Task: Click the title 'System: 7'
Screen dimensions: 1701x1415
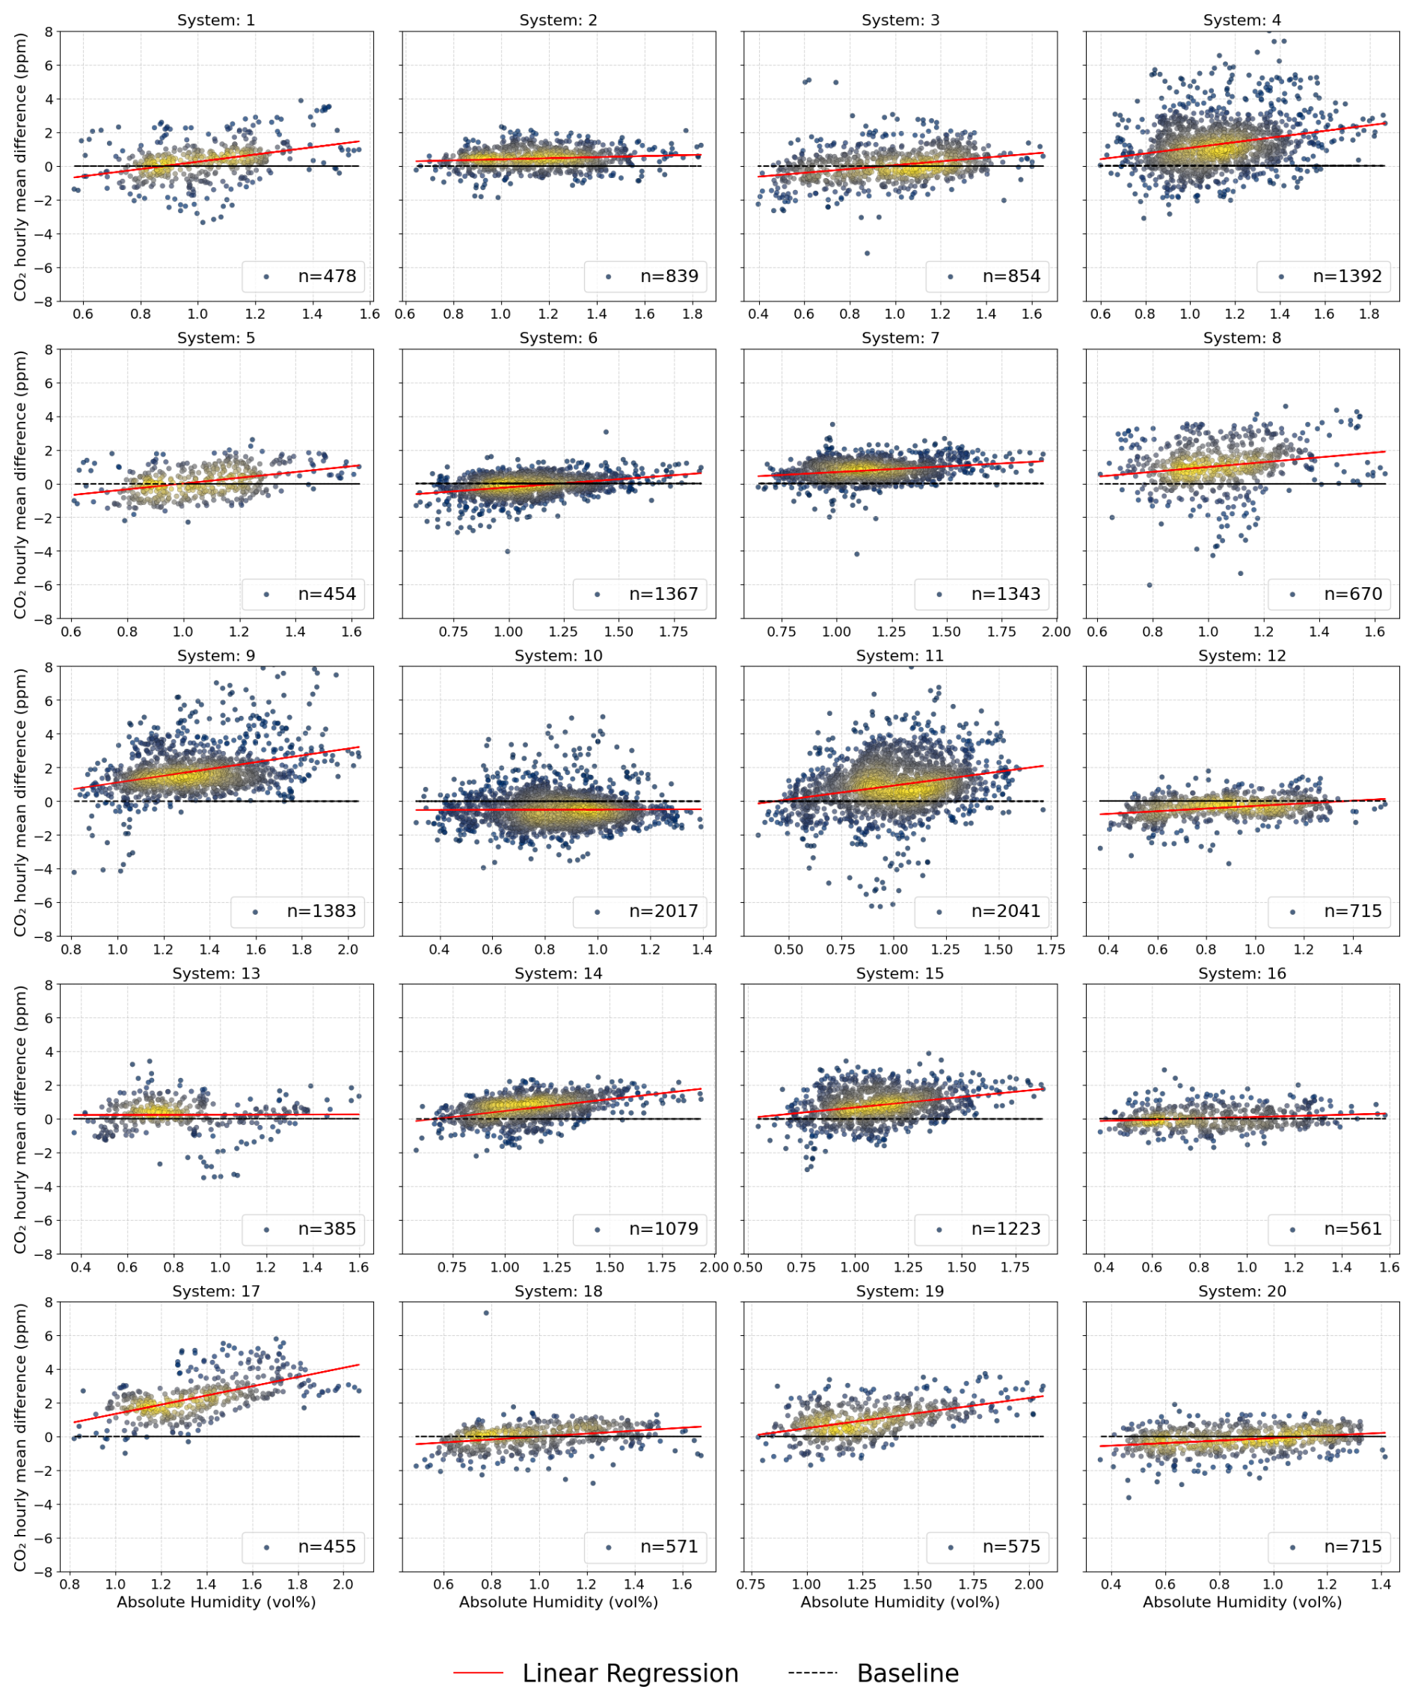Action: (x=900, y=338)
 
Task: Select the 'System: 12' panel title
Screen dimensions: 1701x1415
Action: (x=1241, y=655)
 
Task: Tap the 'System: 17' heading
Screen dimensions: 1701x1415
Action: (x=216, y=1291)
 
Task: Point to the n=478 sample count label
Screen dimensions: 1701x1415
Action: (x=326, y=276)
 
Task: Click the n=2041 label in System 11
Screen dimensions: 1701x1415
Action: (x=1005, y=911)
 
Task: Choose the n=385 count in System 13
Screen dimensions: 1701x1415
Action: (x=326, y=1229)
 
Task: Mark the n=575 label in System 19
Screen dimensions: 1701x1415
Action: (x=1011, y=1546)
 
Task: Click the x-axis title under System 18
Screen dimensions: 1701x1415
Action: (x=558, y=1602)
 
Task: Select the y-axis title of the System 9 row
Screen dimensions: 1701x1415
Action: (x=20, y=802)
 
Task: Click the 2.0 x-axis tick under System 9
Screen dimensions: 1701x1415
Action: (x=348, y=949)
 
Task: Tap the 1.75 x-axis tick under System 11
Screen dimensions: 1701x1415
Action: (x=1051, y=949)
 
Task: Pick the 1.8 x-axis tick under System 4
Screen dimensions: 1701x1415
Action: (x=1369, y=314)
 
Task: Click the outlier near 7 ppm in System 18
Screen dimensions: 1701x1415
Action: (x=486, y=1313)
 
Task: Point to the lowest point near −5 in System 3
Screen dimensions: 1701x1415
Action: (x=867, y=254)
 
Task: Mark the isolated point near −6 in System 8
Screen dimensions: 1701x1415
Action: (x=1150, y=585)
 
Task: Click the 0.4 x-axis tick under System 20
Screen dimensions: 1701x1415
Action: (x=1111, y=1584)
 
